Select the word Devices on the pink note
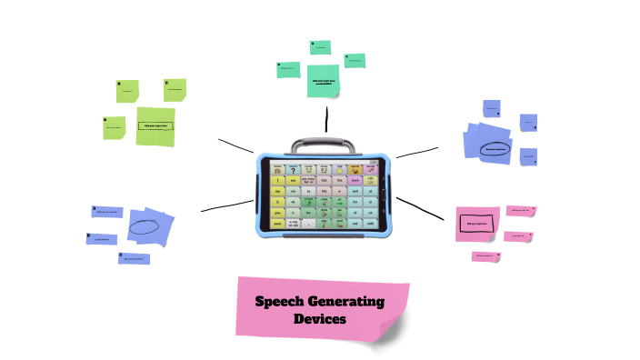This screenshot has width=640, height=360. coord(319,319)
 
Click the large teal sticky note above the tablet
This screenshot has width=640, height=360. coord(323,80)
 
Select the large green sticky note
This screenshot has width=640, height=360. coord(155,126)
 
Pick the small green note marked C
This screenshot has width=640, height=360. coord(175,89)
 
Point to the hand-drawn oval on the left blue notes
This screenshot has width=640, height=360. coord(144,225)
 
